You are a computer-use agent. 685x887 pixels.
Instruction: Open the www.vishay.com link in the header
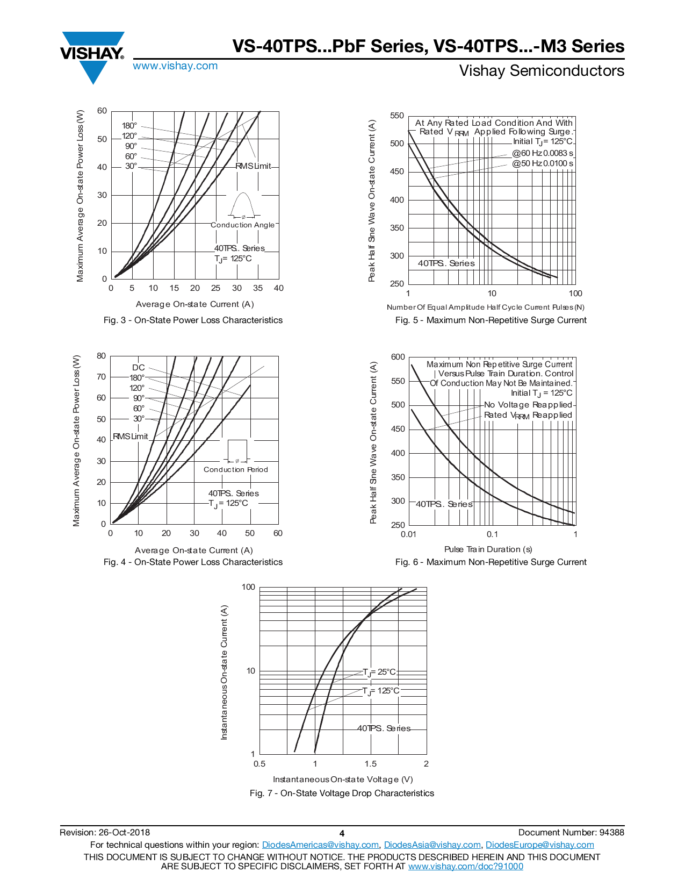coord(175,66)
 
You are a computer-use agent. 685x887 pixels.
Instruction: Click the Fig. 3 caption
coord(193,320)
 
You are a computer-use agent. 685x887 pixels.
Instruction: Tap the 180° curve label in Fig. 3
coord(129,126)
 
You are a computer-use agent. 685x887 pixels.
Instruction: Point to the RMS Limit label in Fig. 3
coord(253,166)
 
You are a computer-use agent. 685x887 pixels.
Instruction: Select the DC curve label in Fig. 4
coord(139,368)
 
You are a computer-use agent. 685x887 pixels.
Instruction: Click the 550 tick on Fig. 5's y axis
coord(397,116)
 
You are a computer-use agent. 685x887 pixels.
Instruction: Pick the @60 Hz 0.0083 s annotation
coord(543,153)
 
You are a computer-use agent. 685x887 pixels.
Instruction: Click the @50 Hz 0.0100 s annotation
coord(543,163)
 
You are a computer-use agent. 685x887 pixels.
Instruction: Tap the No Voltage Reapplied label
coord(528,405)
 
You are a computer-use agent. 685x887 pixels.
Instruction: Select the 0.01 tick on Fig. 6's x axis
coord(408,534)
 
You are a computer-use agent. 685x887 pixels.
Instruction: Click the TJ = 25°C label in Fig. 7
coord(379,672)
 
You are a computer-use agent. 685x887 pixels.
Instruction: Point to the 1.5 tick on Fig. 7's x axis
coord(371,764)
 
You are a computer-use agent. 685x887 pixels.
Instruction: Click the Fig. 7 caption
coord(342,793)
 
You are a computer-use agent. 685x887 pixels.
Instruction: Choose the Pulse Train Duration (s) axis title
coord(488,549)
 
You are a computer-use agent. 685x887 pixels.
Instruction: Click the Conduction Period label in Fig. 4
coord(236,470)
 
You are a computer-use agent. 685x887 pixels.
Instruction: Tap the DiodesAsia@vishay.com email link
coord(432,845)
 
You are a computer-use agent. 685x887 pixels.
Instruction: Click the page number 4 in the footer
coord(342,833)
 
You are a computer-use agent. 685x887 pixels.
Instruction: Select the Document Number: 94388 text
coord(571,833)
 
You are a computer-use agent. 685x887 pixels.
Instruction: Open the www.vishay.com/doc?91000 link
coord(465,866)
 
